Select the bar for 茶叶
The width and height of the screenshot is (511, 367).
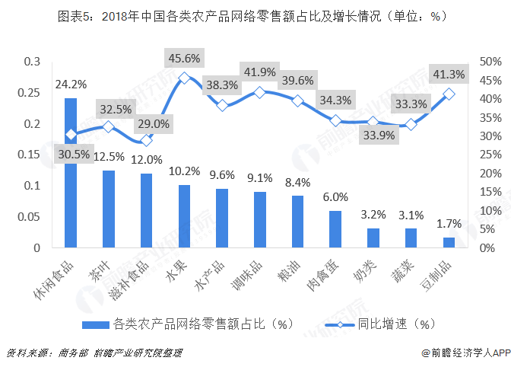click(109, 209)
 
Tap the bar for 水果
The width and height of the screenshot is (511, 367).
click(184, 216)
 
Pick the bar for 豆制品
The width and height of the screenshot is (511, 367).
click(449, 243)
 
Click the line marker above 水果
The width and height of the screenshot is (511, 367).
click(184, 78)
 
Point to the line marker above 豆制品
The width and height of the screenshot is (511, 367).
click(449, 94)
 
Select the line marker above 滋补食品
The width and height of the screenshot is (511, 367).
click(146, 140)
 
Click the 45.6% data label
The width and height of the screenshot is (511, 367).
click(185, 58)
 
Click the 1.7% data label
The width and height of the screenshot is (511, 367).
click(448, 224)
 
